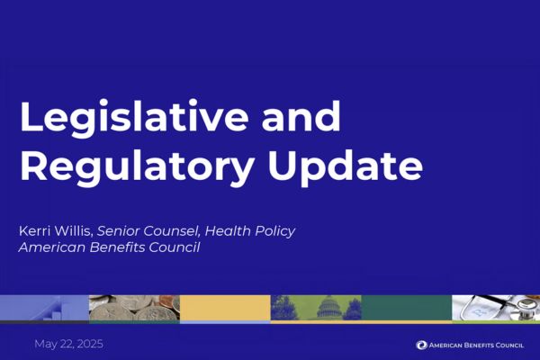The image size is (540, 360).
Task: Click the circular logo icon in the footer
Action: coord(421,345)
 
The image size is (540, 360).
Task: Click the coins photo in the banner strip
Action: coord(134,308)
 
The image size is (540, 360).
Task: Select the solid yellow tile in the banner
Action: coord(225,308)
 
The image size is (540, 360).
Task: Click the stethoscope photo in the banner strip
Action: coord(495,308)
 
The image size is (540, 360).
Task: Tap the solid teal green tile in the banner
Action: coord(406,308)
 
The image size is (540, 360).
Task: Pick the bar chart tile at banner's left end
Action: coord(44,308)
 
